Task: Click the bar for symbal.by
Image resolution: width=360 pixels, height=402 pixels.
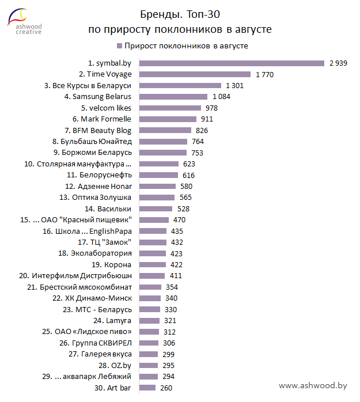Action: [232, 63]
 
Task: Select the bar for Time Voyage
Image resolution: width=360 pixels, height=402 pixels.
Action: [195, 74]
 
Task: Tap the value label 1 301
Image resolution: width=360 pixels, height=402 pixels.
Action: [235, 85]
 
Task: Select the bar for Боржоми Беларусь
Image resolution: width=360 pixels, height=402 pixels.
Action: [164, 153]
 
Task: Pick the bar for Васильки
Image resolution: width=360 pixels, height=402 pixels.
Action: [157, 208]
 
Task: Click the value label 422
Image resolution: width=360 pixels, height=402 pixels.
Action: [176, 265]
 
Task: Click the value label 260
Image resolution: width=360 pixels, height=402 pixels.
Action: [166, 388]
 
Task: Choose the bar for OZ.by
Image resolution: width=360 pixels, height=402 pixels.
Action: [149, 366]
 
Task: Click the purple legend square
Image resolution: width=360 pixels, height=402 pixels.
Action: [119, 46]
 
